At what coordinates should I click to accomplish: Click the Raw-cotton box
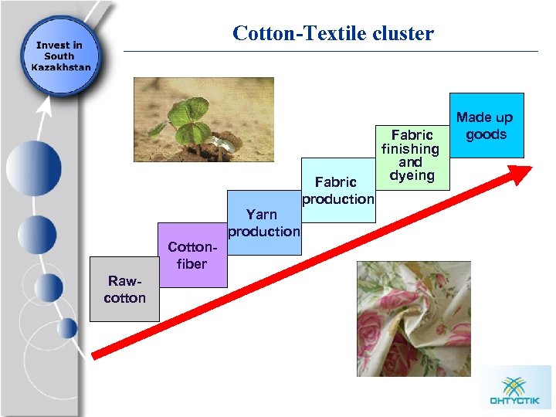click(x=124, y=289)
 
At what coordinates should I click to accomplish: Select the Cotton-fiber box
click(x=192, y=255)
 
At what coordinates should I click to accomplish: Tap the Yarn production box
click(x=263, y=222)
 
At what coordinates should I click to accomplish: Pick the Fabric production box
click(x=337, y=190)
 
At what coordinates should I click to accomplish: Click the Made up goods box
click(x=486, y=125)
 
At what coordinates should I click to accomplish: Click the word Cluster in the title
click(x=402, y=33)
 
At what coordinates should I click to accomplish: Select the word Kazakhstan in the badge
click(x=59, y=66)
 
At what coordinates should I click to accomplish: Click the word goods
click(x=486, y=134)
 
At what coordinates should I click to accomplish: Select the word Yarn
click(x=262, y=214)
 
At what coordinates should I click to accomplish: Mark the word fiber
click(x=192, y=264)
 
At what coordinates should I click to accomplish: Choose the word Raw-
click(x=124, y=281)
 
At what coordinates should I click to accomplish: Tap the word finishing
click(x=410, y=148)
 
